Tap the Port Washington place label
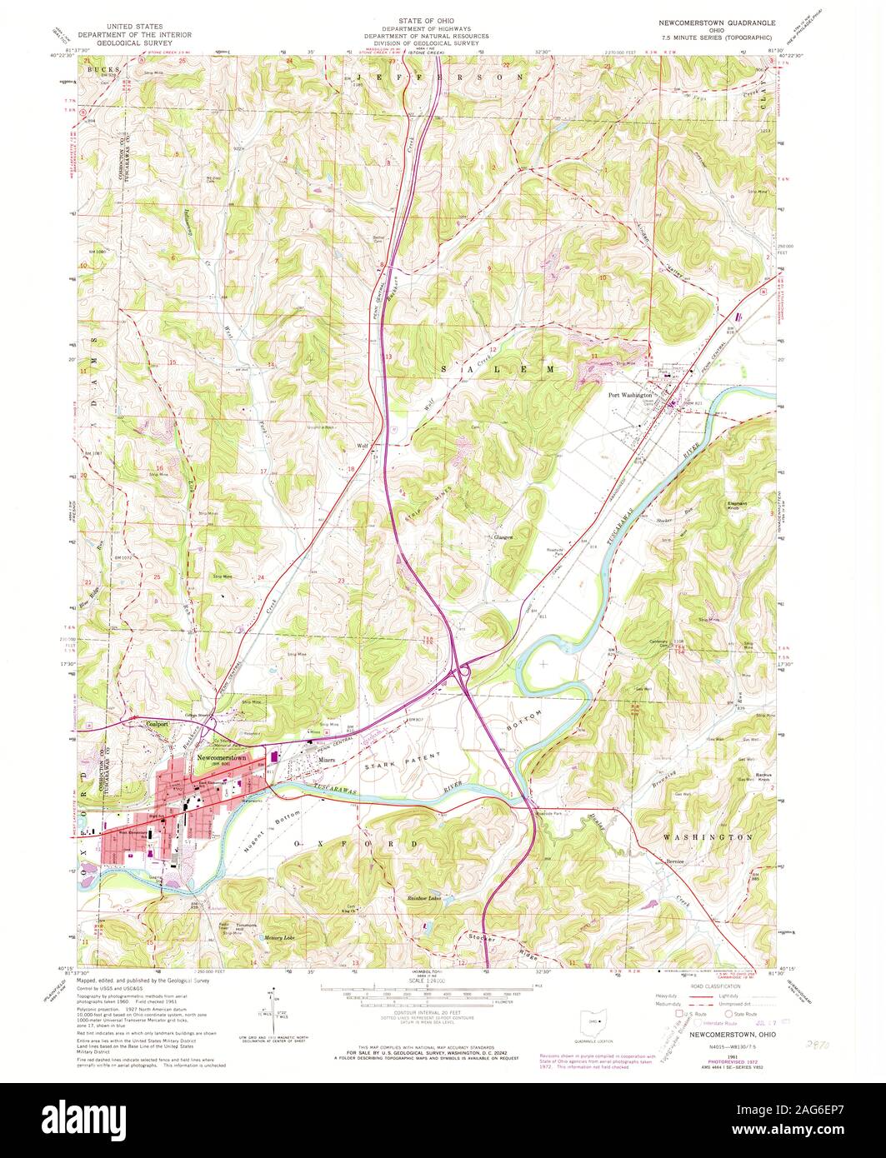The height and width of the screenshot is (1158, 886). pyautogui.click(x=629, y=396)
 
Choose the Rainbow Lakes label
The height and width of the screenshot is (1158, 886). pyautogui.click(x=423, y=897)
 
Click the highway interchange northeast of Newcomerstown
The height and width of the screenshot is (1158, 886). pyautogui.click(x=459, y=672)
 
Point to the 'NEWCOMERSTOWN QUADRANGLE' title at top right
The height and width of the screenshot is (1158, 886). pyautogui.click(x=717, y=25)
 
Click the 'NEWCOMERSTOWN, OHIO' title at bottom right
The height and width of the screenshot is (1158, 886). pyautogui.click(x=722, y=1034)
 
